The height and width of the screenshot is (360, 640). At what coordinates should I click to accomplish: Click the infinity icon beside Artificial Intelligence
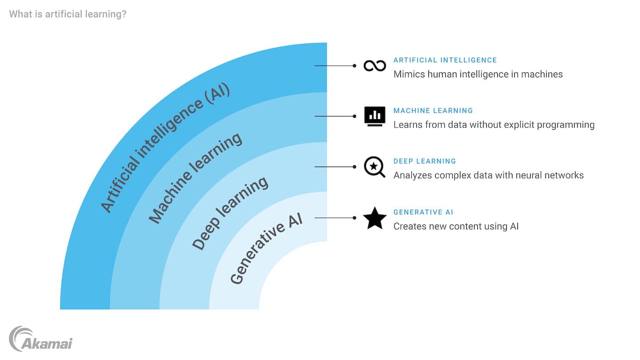tap(375, 66)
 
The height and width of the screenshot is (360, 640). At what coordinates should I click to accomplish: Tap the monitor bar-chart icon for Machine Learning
tap(375, 116)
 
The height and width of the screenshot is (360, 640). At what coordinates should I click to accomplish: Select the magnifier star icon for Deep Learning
tap(374, 167)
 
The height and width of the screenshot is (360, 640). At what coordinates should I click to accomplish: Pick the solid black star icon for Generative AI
tap(375, 218)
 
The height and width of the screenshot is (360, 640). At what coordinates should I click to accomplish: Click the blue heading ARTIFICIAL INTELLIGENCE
tap(445, 60)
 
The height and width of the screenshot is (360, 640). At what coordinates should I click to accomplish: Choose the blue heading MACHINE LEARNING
tap(433, 111)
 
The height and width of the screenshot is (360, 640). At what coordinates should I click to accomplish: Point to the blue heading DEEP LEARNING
tap(424, 161)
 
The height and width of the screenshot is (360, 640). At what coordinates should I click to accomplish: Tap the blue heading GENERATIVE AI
tap(423, 212)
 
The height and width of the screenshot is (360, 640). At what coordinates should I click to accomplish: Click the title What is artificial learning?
tap(68, 14)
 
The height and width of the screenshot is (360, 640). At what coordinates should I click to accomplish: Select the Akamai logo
tap(40, 339)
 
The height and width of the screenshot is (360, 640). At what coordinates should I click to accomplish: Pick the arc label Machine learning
tap(195, 177)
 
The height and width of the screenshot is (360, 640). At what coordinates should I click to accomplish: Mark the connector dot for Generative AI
tap(354, 218)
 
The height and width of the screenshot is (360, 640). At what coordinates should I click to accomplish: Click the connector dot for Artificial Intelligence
tap(354, 65)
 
